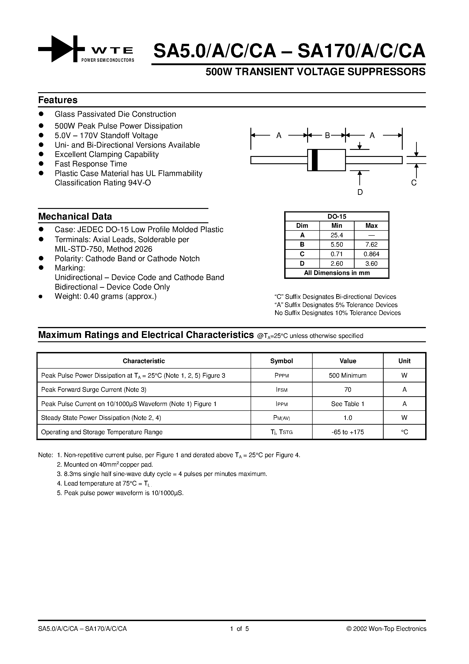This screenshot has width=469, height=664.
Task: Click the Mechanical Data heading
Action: (x=75, y=217)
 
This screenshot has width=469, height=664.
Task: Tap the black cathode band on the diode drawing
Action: (x=315, y=160)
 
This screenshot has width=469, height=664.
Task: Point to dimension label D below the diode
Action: (x=360, y=192)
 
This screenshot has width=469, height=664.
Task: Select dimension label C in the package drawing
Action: (x=414, y=183)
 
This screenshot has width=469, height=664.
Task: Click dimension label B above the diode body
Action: (x=327, y=135)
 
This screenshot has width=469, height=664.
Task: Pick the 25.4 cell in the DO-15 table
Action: (x=337, y=235)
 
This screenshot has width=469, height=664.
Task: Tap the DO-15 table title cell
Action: (x=337, y=217)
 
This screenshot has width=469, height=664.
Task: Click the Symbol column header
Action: (x=281, y=361)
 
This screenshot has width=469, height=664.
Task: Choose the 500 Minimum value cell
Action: (x=348, y=375)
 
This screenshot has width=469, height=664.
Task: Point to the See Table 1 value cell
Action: (x=348, y=404)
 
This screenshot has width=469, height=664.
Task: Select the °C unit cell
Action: (x=404, y=432)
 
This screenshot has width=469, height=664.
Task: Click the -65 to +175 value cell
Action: (x=348, y=432)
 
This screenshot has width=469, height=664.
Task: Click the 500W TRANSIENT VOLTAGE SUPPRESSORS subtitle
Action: (x=315, y=72)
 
